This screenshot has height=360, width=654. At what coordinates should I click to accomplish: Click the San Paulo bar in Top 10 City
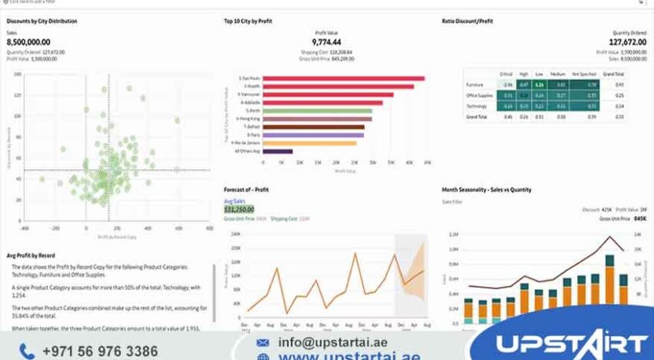pyautogui.click(x=342, y=78)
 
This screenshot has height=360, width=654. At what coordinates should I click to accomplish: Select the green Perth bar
pyautogui.click(x=317, y=110)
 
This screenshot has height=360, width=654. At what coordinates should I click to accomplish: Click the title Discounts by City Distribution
pyautogui.click(x=42, y=21)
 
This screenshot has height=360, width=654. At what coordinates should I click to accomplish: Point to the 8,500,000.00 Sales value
pyautogui.click(x=29, y=42)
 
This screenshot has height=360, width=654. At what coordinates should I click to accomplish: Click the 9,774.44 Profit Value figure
pyautogui.click(x=326, y=42)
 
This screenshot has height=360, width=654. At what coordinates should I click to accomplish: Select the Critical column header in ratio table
pyautogui.click(x=506, y=73)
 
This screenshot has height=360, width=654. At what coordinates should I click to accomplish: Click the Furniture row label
pyautogui.click(x=475, y=85)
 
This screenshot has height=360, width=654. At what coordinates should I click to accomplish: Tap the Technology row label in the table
pyautogui.click(x=477, y=105)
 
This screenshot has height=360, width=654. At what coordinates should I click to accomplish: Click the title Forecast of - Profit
pyautogui.click(x=246, y=189)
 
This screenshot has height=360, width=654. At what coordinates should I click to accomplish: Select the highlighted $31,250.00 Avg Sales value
pyautogui.click(x=239, y=209)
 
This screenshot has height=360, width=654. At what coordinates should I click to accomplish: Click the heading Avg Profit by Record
pyautogui.click(x=31, y=255)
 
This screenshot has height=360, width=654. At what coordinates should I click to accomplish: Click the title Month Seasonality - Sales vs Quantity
pyautogui.click(x=486, y=189)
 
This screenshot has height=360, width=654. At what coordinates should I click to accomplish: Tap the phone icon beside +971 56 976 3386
pyautogui.click(x=28, y=351)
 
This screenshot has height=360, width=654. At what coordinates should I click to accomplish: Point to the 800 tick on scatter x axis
pyautogui.click(x=209, y=228)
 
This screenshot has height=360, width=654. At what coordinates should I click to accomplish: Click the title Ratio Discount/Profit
pyautogui.click(x=469, y=21)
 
